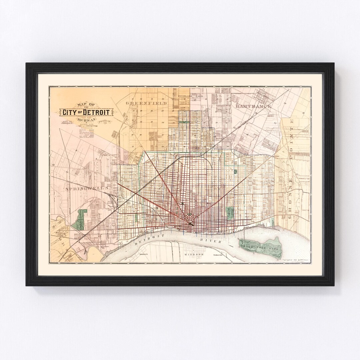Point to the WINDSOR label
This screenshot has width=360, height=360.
(194, 254)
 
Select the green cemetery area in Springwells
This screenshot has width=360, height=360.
(79, 219)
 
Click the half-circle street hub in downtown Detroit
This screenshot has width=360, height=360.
(190, 224)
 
